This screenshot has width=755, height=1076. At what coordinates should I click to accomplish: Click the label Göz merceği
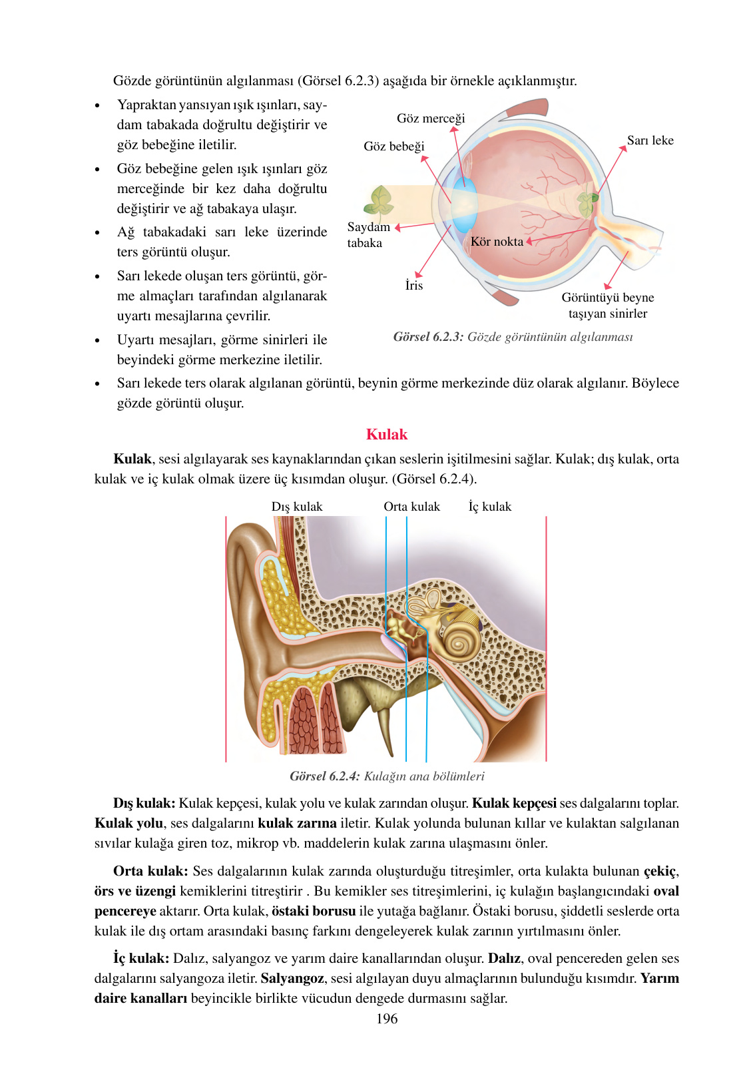pyautogui.click(x=431, y=119)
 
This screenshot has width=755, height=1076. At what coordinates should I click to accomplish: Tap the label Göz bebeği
pyautogui.click(x=393, y=146)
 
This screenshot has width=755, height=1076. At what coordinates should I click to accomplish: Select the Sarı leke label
pyautogui.click(x=650, y=140)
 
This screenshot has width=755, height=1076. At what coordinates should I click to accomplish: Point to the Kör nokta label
pyautogui.click(x=497, y=242)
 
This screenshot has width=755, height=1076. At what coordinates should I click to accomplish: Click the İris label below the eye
pyautogui.click(x=414, y=286)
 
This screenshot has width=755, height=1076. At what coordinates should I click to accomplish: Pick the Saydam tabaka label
pyautogui.click(x=368, y=235)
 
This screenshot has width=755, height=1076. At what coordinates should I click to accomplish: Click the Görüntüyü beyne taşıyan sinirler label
pyautogui.click(x=607, y=306)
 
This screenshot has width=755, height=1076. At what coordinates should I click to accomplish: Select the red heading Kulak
pyautogui.click(x=386, y=435)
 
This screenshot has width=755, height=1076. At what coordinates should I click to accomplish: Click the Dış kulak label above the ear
pyautogui.click(x=296, y=507)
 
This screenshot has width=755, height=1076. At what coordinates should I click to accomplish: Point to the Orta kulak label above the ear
pyautogui.click(x=411, y=507)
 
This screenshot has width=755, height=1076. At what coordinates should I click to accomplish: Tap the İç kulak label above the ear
pyautogui.click(x=490, y=507)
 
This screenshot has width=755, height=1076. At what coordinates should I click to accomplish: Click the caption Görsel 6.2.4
pyautogui.click(x=387, y=776)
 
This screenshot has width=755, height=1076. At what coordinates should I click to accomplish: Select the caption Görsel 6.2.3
pyautogui.click(x=513, y=337)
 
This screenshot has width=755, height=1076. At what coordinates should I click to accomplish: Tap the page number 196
pyautogui.click(x=387, y=1019)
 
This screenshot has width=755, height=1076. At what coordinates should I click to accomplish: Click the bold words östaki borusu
pyautogui.click(x=314, y=911)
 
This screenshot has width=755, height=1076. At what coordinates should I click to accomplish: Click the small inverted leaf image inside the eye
pyautogui.click(x=587, y=202)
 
